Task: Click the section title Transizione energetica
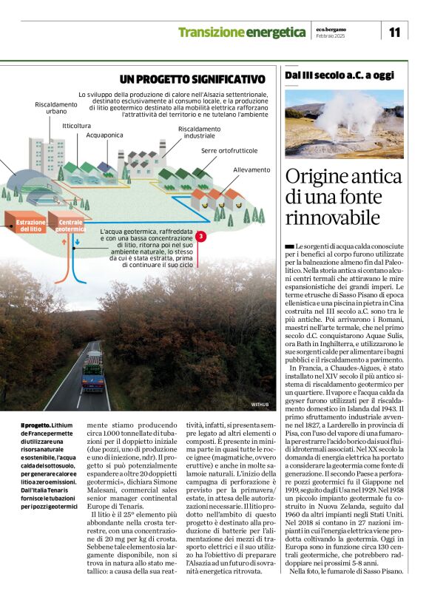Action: pyautogui.click(x=241, y=33)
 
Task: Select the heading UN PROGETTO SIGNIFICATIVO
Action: pyautogui.click(x=192, y=79)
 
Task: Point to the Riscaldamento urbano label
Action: pyautogui.click(x=55, y=109)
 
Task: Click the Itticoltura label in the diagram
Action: pyautogui.click(x=77, y=126)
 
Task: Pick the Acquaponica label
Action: pyautogui.click(x=104, y=135)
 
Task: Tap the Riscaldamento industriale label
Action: pyautogui.click(x=199, y=132)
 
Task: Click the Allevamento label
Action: pyautogui.click(x=251, y=169)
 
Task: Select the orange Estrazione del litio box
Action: pyautogui.click(x=26, y=224)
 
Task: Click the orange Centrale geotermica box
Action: pyautogui.click(x=71, y=224)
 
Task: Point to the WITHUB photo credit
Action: pyautogui.click(x=260, y=405)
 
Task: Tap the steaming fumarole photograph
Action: pyautogui.click(x=344, y=124)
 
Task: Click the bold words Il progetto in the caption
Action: pyautogui.click(x=36, y=425)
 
